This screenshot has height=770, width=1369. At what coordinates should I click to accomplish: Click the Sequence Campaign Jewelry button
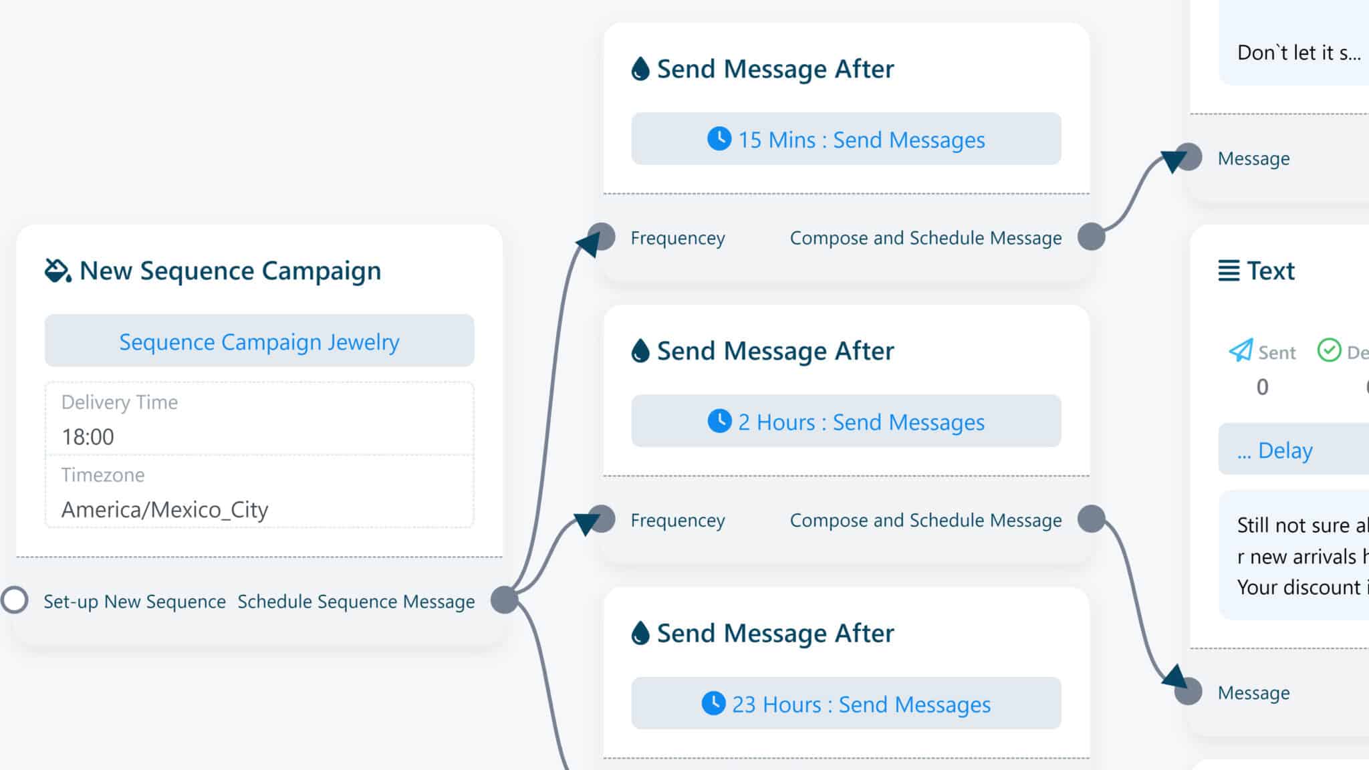click(x=259, y=342)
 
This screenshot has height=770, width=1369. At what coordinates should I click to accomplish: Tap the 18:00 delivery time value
click(x=88, y=436)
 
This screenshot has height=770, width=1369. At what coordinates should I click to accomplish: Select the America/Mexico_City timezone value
click(x=164, y=509)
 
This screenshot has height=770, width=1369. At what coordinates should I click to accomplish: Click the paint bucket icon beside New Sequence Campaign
click(x=57, y=271)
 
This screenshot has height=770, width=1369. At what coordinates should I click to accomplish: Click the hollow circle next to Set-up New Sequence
click(x=15, y=600)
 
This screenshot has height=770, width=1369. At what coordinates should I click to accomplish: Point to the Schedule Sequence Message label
click(x=356, y=602)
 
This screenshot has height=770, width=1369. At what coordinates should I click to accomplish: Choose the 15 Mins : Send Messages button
click(x=846, y=139)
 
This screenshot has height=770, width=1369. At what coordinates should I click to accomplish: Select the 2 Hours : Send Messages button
click(x=846, y=421)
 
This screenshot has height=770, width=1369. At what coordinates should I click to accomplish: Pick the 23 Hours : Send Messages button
click(x=846, y=703)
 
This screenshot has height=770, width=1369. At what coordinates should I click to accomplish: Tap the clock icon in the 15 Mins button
click(x=719, y=138)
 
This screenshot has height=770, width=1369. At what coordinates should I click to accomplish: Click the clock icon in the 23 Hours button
click(x=713, y=703)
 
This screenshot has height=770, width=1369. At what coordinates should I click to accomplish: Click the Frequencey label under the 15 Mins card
click(x=677, y=238)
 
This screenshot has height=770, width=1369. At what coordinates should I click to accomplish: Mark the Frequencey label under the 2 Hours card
click(x=677, y=520)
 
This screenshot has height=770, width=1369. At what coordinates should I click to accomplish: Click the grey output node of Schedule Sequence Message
click(x=505, y=600)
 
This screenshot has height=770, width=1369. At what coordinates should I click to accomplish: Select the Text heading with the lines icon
click(x=1257, y=271)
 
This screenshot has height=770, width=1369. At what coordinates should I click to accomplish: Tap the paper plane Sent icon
click(x=1241, y=350)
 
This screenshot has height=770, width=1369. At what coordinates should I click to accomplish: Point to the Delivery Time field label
click(x=120, y=402)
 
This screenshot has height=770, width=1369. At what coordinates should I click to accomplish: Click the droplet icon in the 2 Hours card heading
click(x=640, y=351)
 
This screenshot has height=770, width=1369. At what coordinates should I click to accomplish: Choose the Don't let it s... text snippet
click(x=1298, y=53)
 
